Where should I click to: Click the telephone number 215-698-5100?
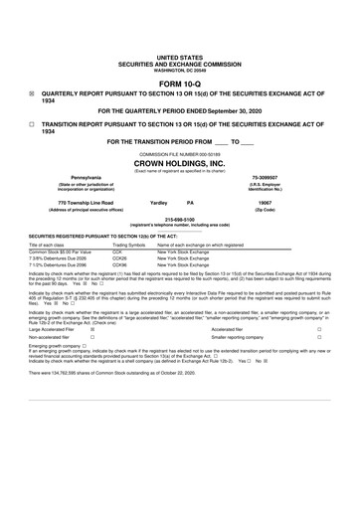click(x=179, y=220)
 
